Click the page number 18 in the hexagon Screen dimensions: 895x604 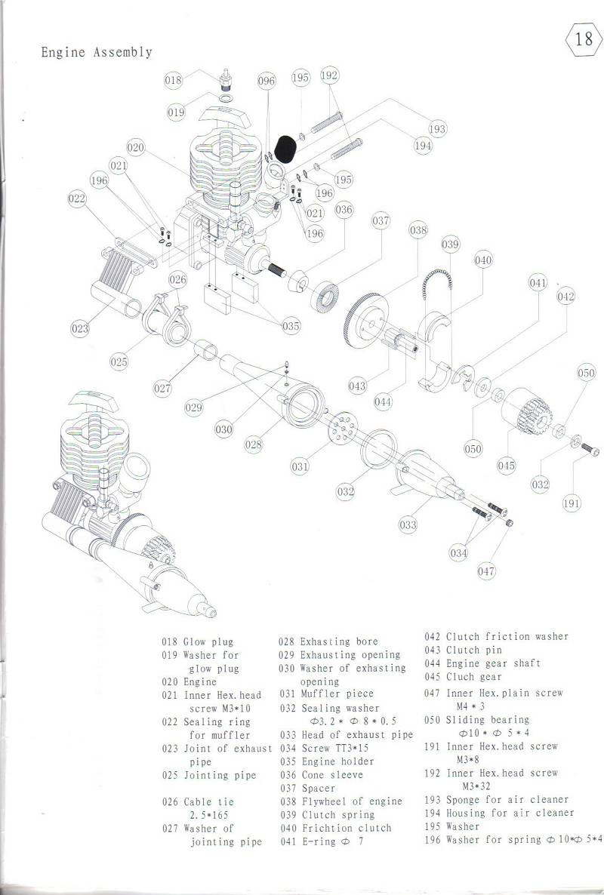(x=584, y=38)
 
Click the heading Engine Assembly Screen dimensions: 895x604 (x=97, y=53)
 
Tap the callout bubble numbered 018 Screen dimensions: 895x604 (x=173, y=80)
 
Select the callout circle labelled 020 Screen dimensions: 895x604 (x=135, y=147)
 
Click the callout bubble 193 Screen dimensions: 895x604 (x=437, y=129)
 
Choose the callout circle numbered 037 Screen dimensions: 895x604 (x=381, y=220)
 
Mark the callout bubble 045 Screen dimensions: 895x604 (x=507, y=466)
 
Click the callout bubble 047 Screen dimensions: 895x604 (x=486, y=571)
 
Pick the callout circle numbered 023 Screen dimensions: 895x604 (x=80, y=328)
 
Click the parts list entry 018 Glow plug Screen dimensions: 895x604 (x=198, y=642)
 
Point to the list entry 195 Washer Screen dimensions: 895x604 (x=452, y=826)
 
